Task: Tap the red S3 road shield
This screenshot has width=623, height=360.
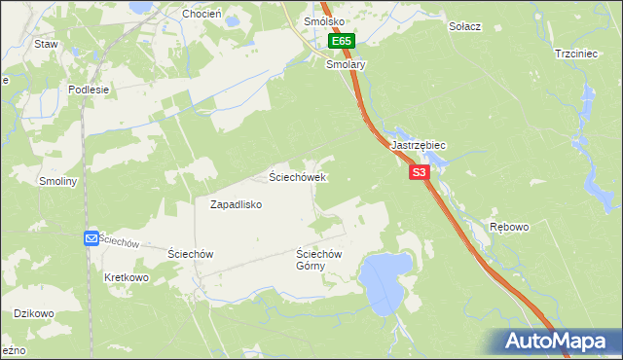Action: pos(419,172)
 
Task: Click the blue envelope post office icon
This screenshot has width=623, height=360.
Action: pos(91,238)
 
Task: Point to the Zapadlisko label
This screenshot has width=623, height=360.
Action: pos(237,205)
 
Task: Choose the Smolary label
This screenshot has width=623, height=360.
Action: pos(346,64)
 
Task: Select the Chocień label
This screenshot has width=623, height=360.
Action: pos(202,15)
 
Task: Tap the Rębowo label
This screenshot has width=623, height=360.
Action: pos(509,227)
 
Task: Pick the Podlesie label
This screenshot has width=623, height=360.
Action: pos(89,89)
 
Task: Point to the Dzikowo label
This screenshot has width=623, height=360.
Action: pos(33,313)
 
